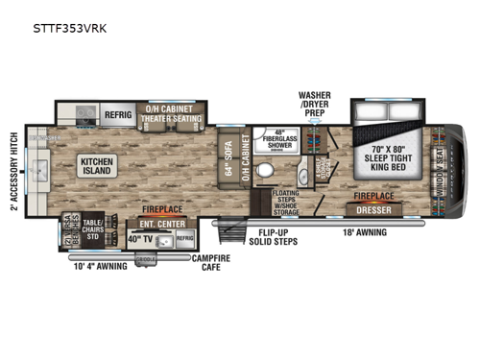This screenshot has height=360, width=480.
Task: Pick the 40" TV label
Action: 141,238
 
